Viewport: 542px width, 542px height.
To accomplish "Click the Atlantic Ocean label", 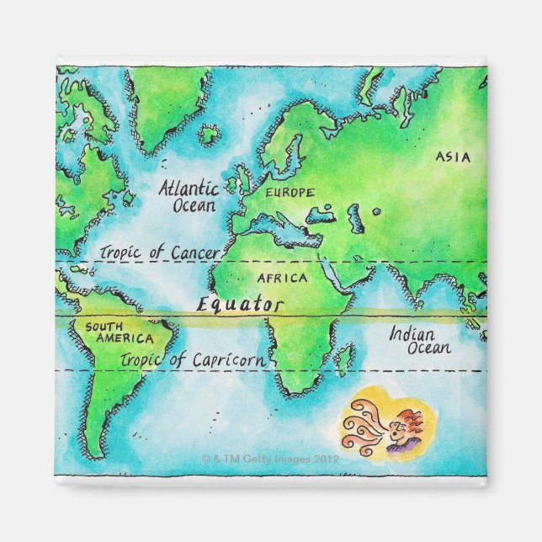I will point(188,195).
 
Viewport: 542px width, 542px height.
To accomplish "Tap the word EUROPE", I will point(290,193).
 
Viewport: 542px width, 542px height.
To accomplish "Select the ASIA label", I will point(454,157).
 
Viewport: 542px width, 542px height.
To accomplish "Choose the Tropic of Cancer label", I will point(160,252).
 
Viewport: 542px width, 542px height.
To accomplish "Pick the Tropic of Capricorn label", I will point(194,360).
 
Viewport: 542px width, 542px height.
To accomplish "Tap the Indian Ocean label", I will point(418,340).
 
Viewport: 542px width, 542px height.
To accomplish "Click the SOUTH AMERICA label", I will point(118,332).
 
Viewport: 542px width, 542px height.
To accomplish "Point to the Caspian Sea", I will point(355,219).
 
